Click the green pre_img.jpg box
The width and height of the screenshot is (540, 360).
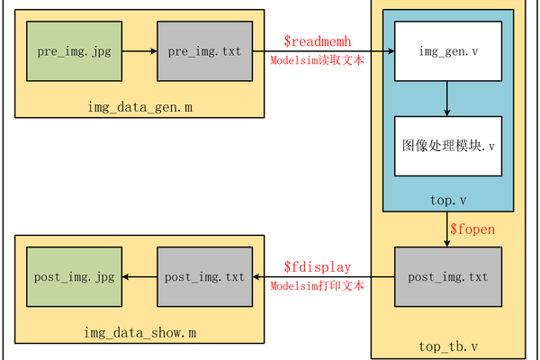73,51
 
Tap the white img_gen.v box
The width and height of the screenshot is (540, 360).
447,51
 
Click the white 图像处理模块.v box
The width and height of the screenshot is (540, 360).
447,146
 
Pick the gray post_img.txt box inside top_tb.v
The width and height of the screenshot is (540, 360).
447,276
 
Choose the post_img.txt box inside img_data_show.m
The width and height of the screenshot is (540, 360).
205,276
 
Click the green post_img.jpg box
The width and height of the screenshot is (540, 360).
75,276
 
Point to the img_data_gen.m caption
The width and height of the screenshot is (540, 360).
139,108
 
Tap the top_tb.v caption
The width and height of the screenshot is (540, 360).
447,346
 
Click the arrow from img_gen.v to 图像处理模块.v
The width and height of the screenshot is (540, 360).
447,100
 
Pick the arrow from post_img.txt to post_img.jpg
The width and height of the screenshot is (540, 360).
139,276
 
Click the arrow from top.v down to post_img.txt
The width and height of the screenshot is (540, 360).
447,230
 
